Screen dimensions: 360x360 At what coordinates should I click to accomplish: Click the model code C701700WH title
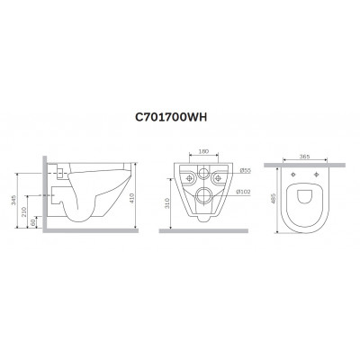(x=171, y=118)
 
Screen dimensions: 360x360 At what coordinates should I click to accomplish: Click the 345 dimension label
(x=13, y=200)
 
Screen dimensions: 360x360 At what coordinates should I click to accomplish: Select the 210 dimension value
(x=24, y=211)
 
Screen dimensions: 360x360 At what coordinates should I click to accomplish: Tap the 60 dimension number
(x=33, y=222)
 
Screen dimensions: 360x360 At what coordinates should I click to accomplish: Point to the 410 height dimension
(x=132, y=198)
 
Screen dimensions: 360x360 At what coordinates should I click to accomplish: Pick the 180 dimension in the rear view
(x=204, y=152)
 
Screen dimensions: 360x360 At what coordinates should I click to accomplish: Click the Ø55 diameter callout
(x=245, y=170)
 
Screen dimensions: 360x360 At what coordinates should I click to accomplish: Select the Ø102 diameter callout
(x=243, y=192)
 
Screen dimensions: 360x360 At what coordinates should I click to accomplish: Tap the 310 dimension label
(x=167, y=203)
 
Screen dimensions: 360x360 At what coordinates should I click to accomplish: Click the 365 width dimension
(x=304, y=157)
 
